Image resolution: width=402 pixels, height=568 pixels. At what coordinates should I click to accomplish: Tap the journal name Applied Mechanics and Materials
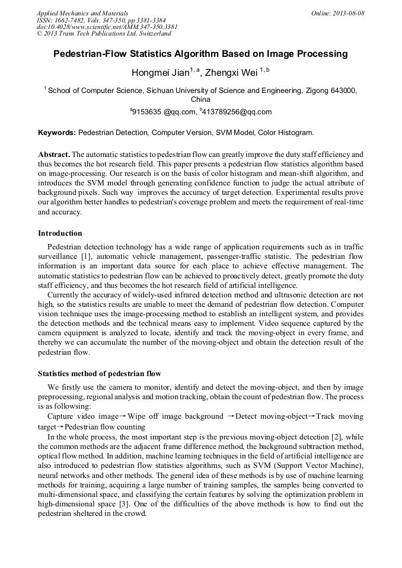coord(82,13)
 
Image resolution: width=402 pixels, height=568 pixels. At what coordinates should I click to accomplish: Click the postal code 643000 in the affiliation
coord(341,91)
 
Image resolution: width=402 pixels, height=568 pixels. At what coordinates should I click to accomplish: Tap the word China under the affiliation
coord(200,100)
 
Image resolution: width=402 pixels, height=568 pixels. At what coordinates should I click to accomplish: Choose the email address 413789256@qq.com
coord(237,111)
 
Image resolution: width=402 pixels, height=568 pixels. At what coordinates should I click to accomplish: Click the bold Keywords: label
coord(57,133)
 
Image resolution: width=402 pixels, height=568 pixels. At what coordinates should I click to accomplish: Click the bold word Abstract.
coord(53,154)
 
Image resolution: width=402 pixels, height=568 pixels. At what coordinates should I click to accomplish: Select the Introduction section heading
coord(60,233)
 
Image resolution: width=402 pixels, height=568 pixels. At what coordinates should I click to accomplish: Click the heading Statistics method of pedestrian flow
coord(100,374)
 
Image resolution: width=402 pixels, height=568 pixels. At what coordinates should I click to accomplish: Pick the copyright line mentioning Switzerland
coord(104,34)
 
